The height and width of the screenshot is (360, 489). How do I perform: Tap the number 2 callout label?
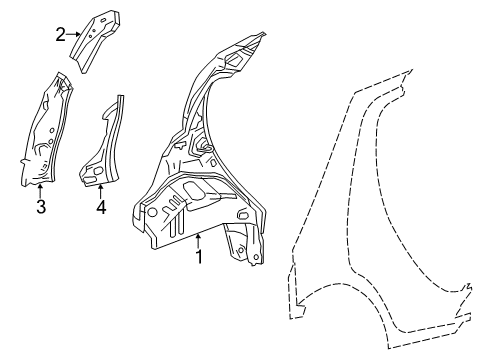tap(60, 34)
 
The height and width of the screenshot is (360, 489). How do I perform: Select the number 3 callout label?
tap(40, 207)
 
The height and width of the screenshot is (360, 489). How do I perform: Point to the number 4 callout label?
tap(100, 207)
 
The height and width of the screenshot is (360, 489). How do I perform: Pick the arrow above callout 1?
tap(198, 241)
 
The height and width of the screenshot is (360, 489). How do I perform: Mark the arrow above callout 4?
tap(100, 193)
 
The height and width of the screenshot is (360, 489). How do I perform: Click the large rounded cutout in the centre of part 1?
tap(196, 187)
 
